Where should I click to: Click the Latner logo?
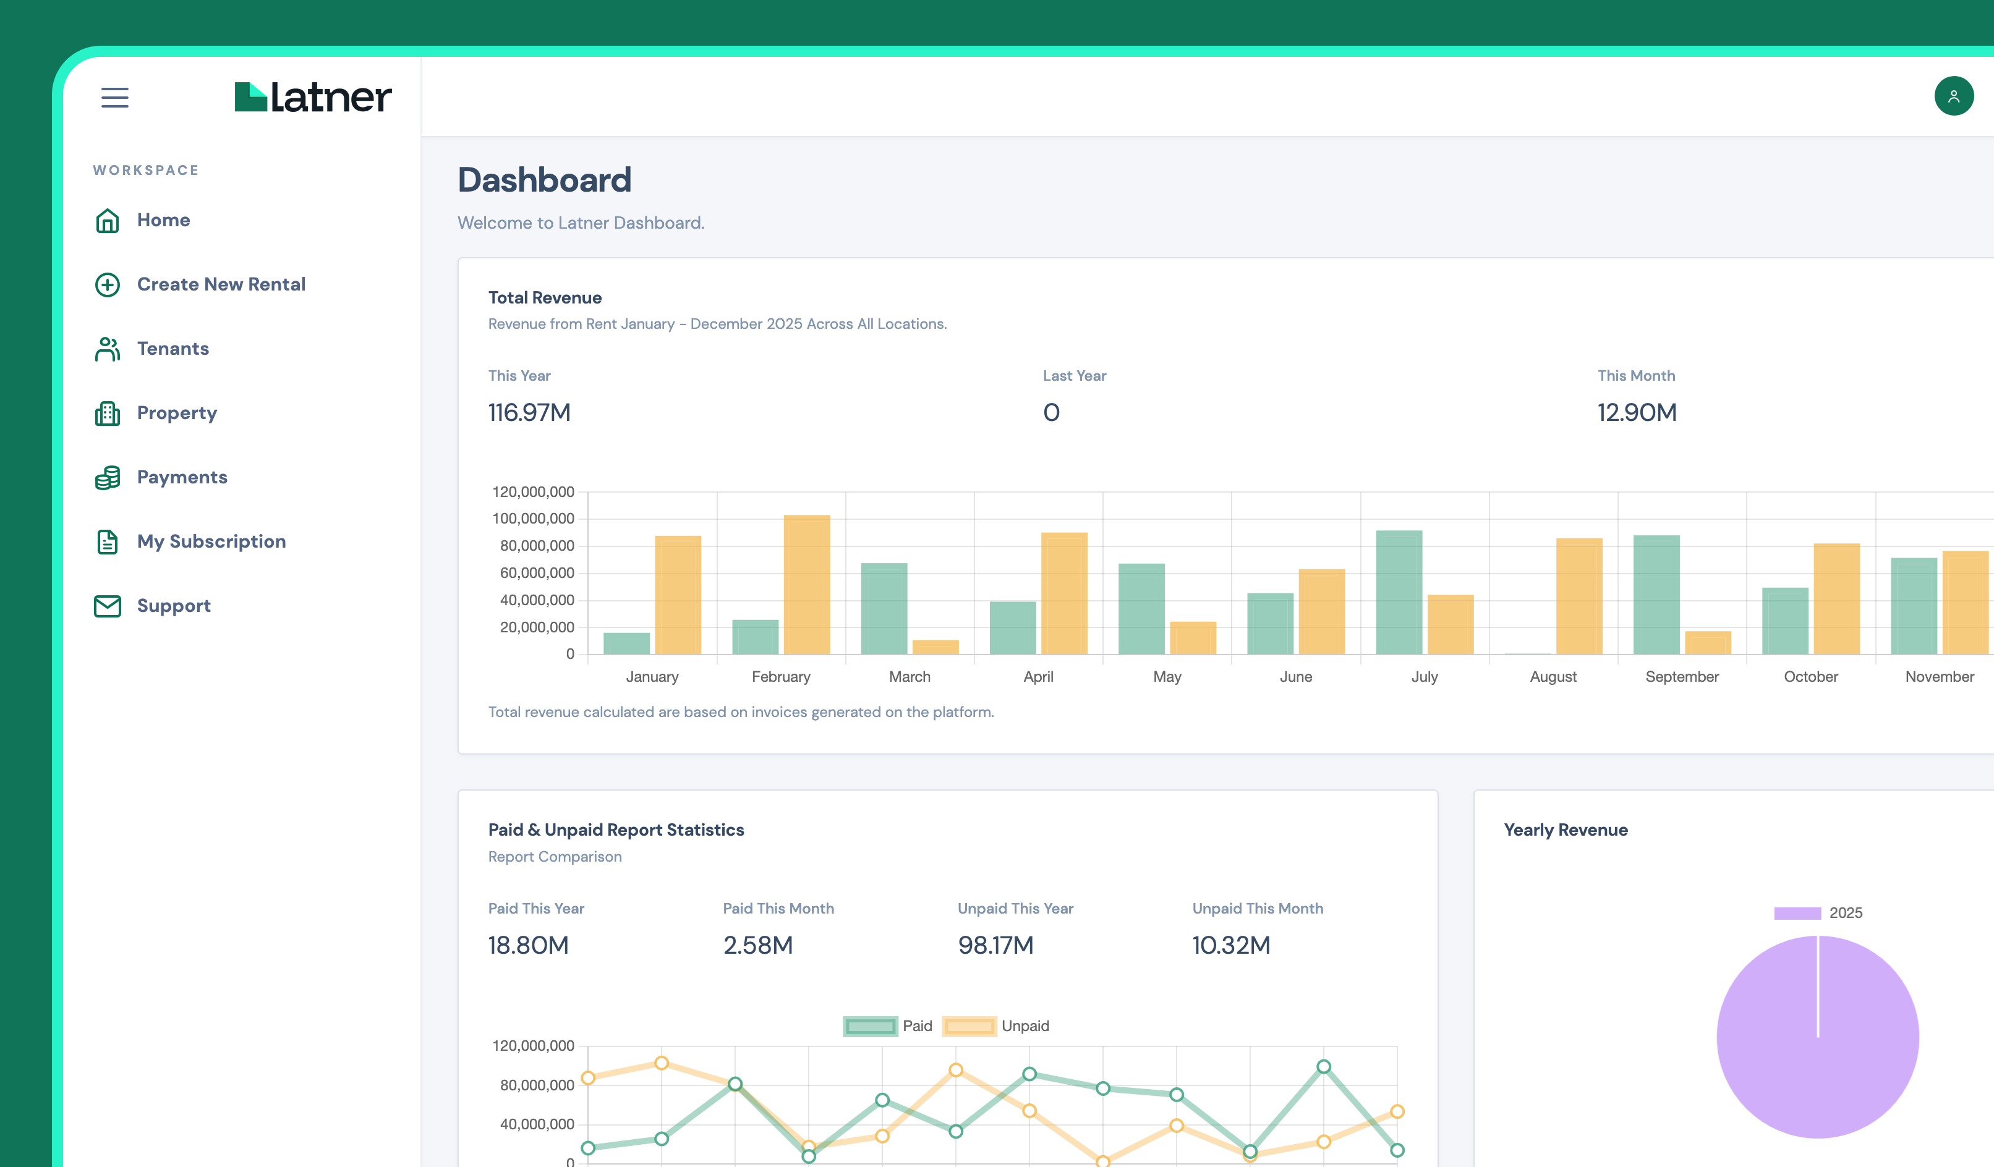(313, 96)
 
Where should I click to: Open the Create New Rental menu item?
(221, 284)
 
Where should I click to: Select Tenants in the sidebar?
(173, 348)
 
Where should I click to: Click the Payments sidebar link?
(182, 477)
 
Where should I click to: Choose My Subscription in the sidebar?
(211, 541)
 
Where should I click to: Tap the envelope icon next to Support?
(108, 606)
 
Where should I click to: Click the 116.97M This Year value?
(529, 412)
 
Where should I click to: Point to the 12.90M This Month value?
(1637, 412)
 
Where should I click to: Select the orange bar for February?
(806, 585)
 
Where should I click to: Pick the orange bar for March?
(935, 647)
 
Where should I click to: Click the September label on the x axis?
(1681, 676)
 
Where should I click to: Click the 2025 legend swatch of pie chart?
(1797, 913)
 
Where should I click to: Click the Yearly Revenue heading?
(1565, 830)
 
